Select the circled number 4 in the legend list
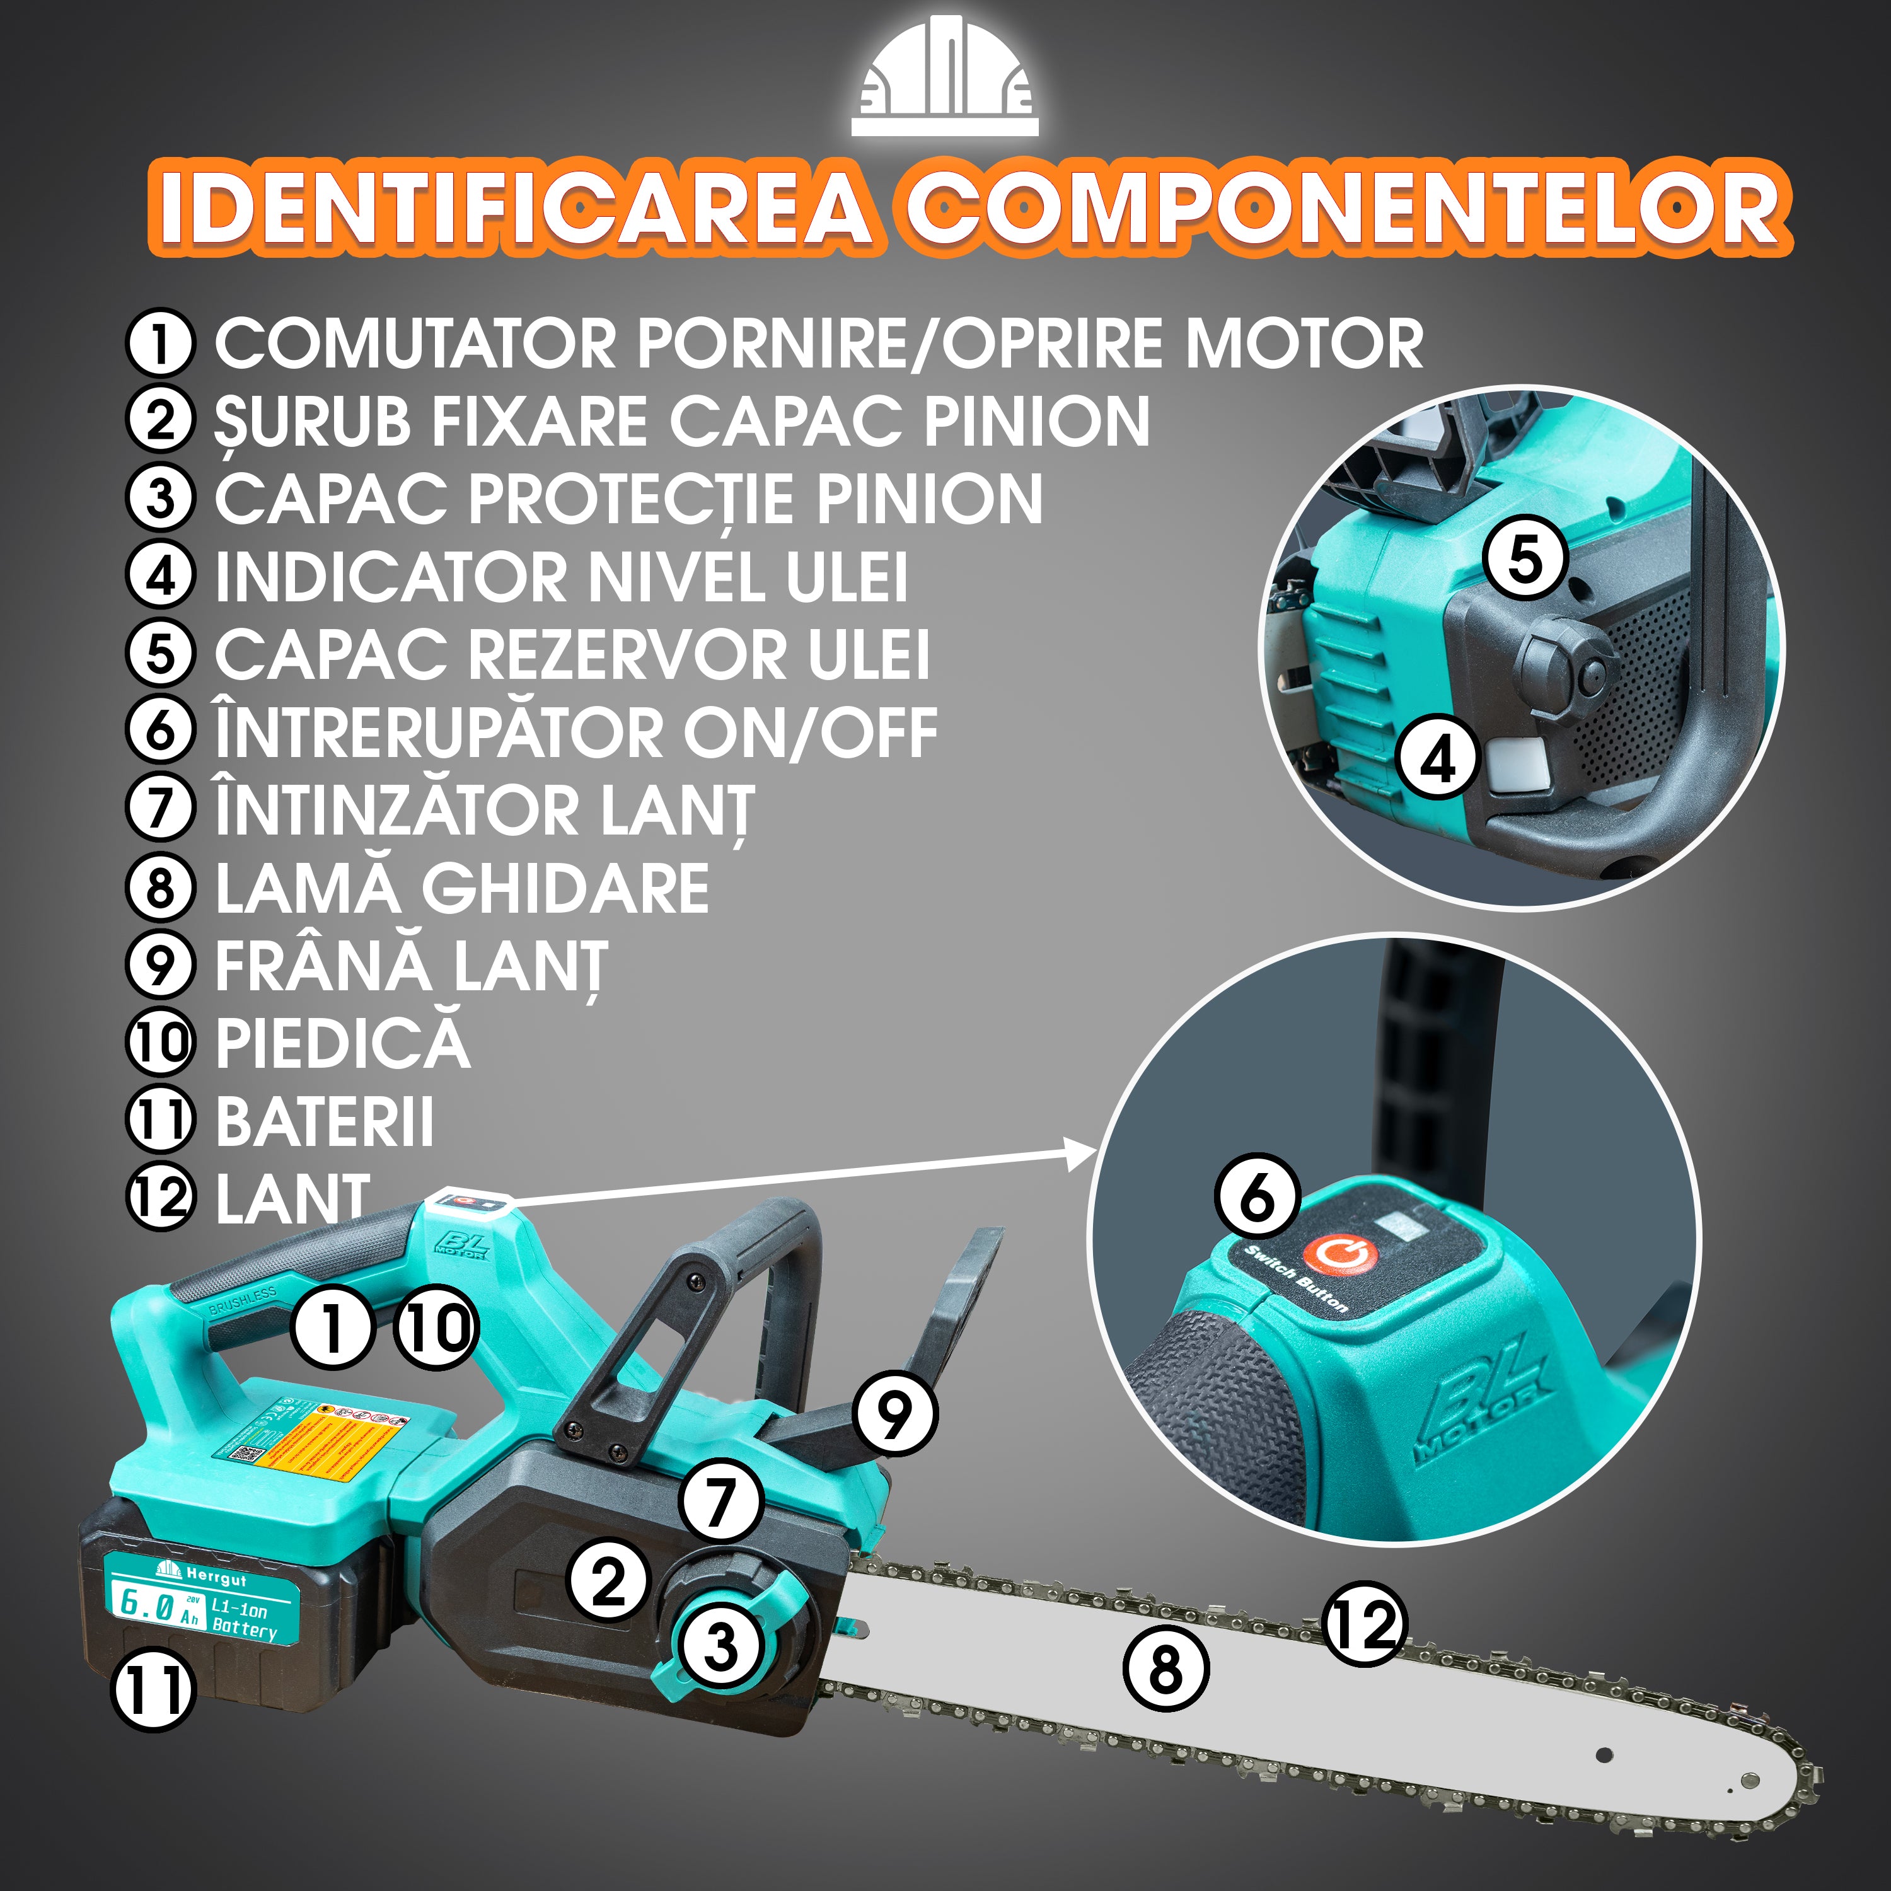(x=159, y=575)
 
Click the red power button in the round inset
(x=1340, y=1256)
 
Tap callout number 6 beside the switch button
(x=1258, y=1197)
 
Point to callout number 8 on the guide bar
(x=1165, y=1670)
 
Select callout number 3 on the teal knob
(x=721, y=1645)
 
